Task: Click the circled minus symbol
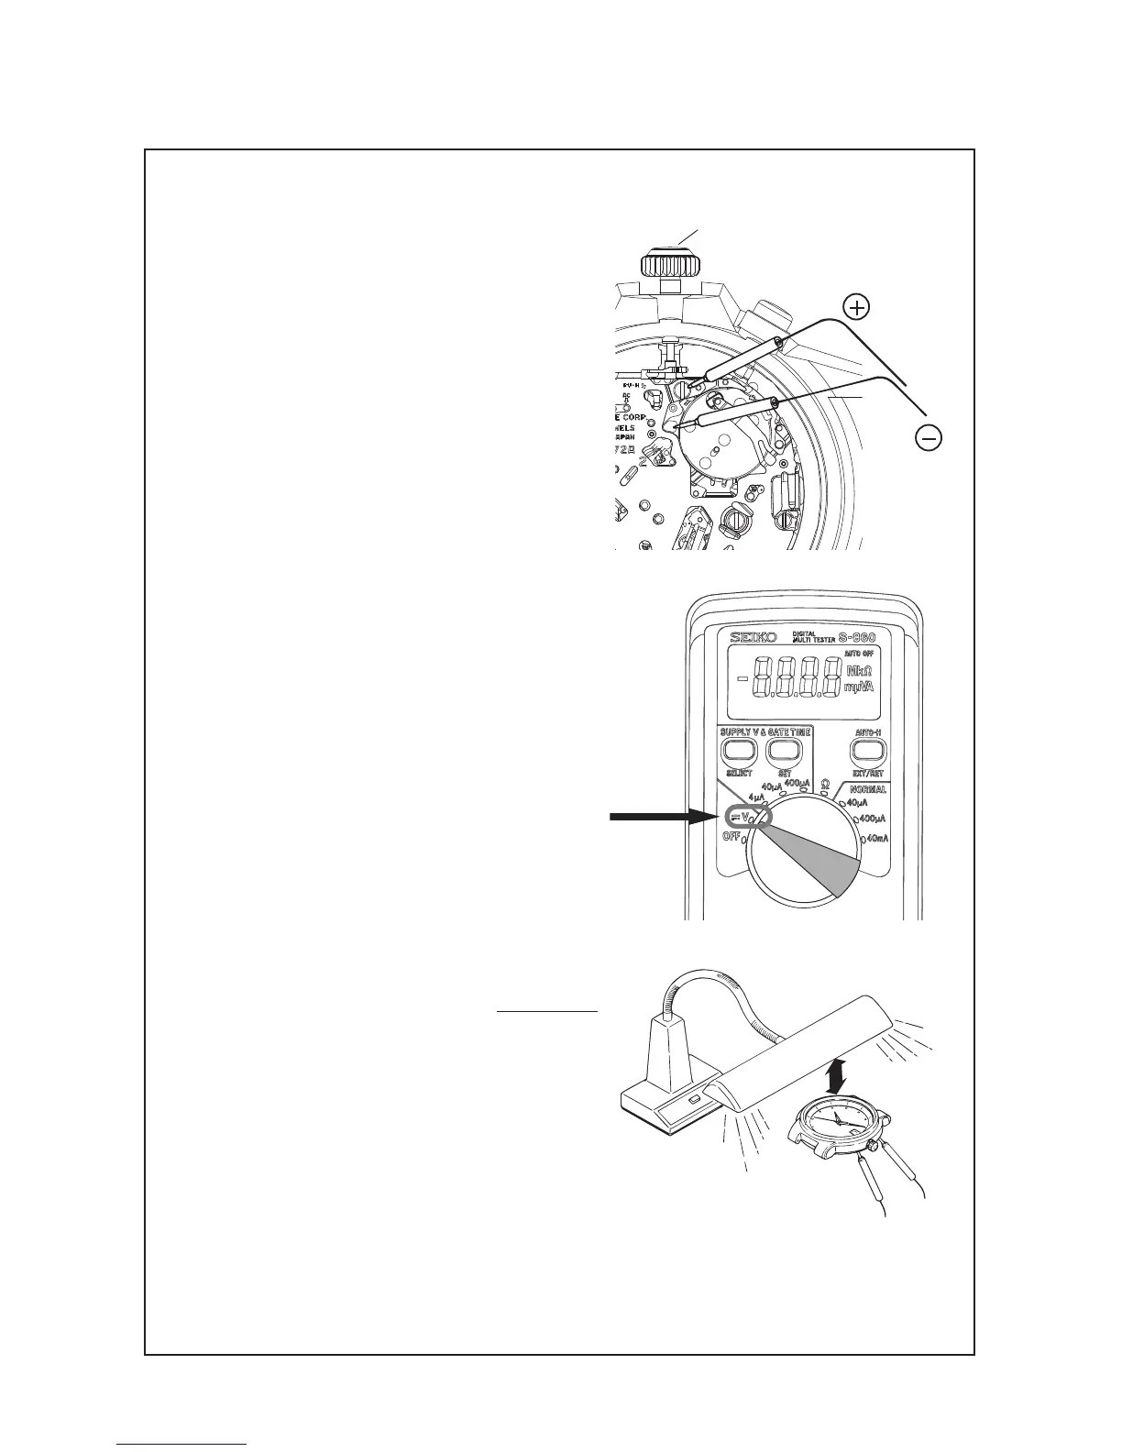(x=929, y=439)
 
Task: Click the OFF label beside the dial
(x=731, y=836)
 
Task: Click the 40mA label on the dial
(x=875, y=839)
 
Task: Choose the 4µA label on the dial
(x=757, y=797)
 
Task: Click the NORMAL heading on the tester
(x=866, y=789)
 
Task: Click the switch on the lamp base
(x=694, y=1098)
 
